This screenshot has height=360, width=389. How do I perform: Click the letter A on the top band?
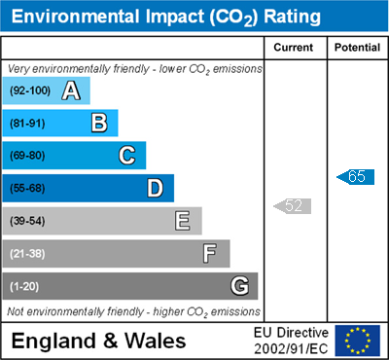click(71, 90)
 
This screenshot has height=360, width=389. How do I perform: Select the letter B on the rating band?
click(99, 124)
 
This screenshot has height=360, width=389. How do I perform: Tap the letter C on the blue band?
click(127, 156)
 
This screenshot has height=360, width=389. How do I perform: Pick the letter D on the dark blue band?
click(156, 188)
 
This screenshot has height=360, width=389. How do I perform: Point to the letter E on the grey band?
click(183, 221)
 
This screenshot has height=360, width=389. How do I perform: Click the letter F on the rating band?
click(210, 253)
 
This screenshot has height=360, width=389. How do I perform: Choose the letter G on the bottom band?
click(240, 286)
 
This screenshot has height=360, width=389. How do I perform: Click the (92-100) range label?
click(30, 90)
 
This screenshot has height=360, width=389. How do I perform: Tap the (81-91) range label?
click(27, 124)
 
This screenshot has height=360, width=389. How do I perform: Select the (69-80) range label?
click(27, 156)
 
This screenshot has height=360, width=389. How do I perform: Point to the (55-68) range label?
click(27, 189)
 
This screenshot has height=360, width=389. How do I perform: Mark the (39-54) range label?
click(27, 221)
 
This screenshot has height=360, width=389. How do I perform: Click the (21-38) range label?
click(27, 254)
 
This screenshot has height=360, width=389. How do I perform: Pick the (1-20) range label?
click(24, 286)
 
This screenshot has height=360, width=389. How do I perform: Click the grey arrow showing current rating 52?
click(292, 206)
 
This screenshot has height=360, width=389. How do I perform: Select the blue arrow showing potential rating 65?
click(355, 177)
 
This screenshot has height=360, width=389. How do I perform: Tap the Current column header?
click(294, 48)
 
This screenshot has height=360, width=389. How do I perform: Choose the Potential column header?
click(357, 48)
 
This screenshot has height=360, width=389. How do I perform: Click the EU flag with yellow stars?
click(358, 341)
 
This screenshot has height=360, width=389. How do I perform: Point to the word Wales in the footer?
click(156, 341)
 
